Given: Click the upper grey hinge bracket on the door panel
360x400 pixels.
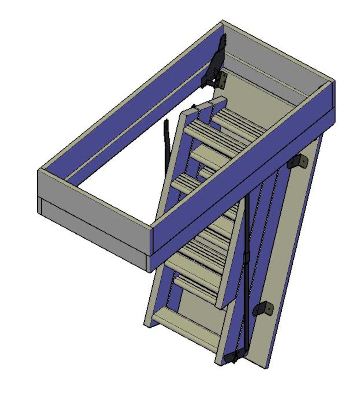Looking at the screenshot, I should pos(298,162).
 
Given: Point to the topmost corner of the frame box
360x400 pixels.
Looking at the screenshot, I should pos(223,21).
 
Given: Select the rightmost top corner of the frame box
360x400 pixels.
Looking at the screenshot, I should pos(334,82).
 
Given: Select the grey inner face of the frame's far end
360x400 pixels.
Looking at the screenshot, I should pos(272,63).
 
